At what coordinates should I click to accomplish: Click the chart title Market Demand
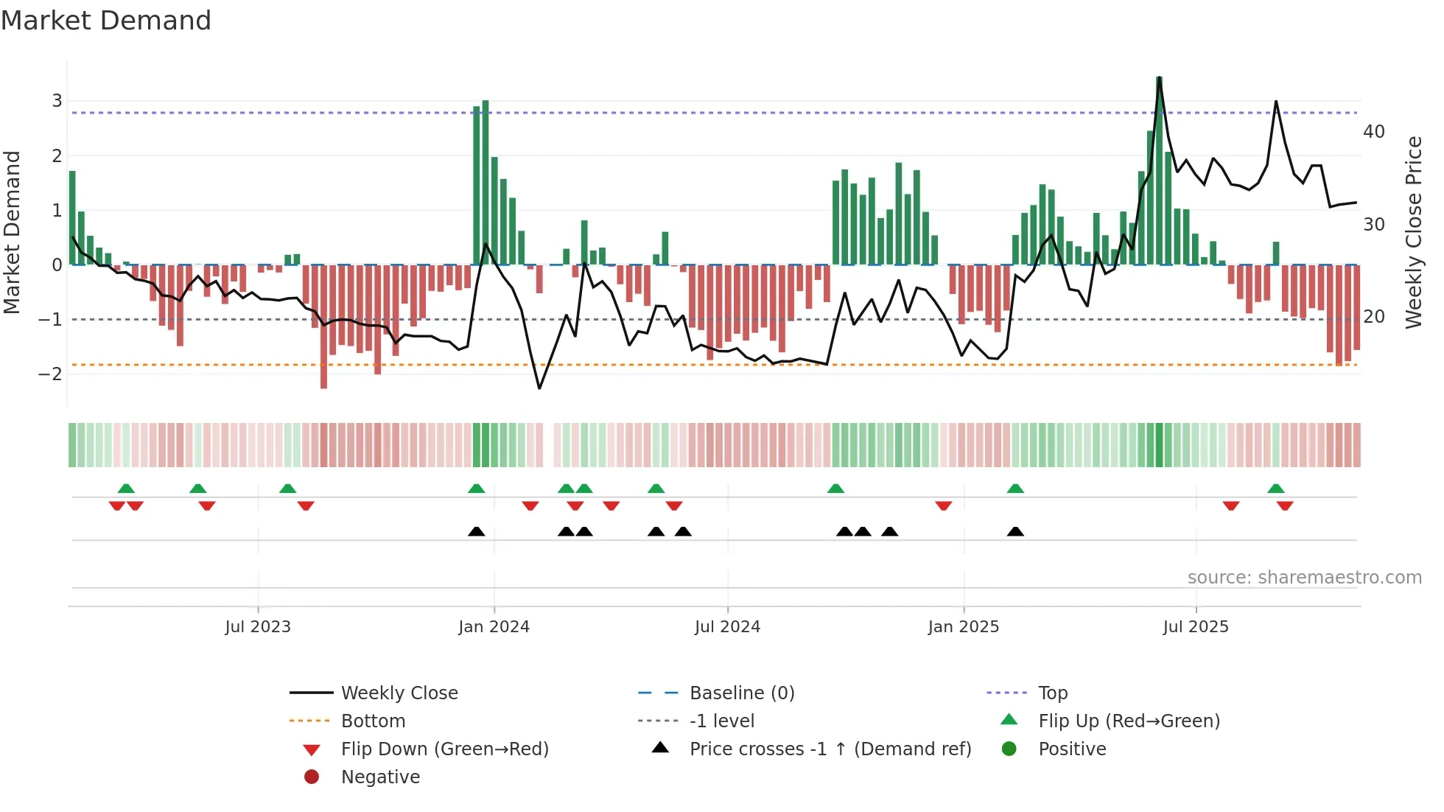[x=106, y=21]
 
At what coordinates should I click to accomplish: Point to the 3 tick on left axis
[x=57, y=101]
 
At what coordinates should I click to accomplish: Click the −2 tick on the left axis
[x=51, y=374]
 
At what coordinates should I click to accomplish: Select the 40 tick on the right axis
[x=1374, y=132]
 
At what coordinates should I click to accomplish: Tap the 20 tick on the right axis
[x=1374, y=317]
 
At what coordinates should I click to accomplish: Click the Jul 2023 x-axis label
[x=258, y=627]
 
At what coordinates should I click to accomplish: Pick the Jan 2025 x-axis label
[x=963, y=627]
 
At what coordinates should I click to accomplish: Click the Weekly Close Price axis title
[x=1413, y=232]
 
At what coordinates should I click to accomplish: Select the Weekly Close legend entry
[x=399, y=693]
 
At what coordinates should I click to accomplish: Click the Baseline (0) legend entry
[x=741, y=693]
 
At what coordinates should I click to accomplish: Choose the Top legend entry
[x=1052, y=693]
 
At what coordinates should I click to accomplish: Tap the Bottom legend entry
[x=373, y=721]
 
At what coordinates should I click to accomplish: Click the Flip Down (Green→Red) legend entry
[x=444, y=749]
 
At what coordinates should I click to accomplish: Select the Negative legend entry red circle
[x=312, y=777]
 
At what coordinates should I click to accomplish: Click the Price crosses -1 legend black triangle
[x=661, y=748]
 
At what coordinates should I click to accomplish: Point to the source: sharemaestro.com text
[x=1304, y=578]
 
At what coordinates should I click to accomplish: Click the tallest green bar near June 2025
[x=1159, y=169]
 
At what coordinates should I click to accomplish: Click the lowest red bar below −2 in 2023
[x=323, y=328]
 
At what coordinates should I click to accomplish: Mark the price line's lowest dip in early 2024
[x=539, y=388]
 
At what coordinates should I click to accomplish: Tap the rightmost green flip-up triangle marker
[x=1276, y=489]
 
